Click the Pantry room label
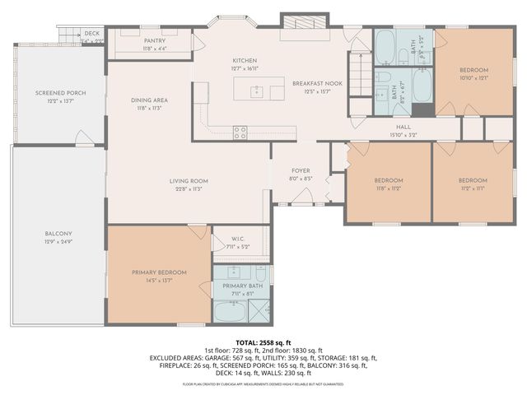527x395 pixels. pos(155,40)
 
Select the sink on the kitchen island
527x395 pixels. pos(256,90)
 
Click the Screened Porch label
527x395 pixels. pos(60,93)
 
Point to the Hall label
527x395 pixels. pos(403,127)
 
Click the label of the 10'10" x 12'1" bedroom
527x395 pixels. pos(473,70)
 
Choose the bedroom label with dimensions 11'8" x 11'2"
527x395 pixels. pos(389,180)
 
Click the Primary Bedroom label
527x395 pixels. pos(160,272)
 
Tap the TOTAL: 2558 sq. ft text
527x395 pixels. pos(263,342)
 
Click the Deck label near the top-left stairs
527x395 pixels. pos(91,33)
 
